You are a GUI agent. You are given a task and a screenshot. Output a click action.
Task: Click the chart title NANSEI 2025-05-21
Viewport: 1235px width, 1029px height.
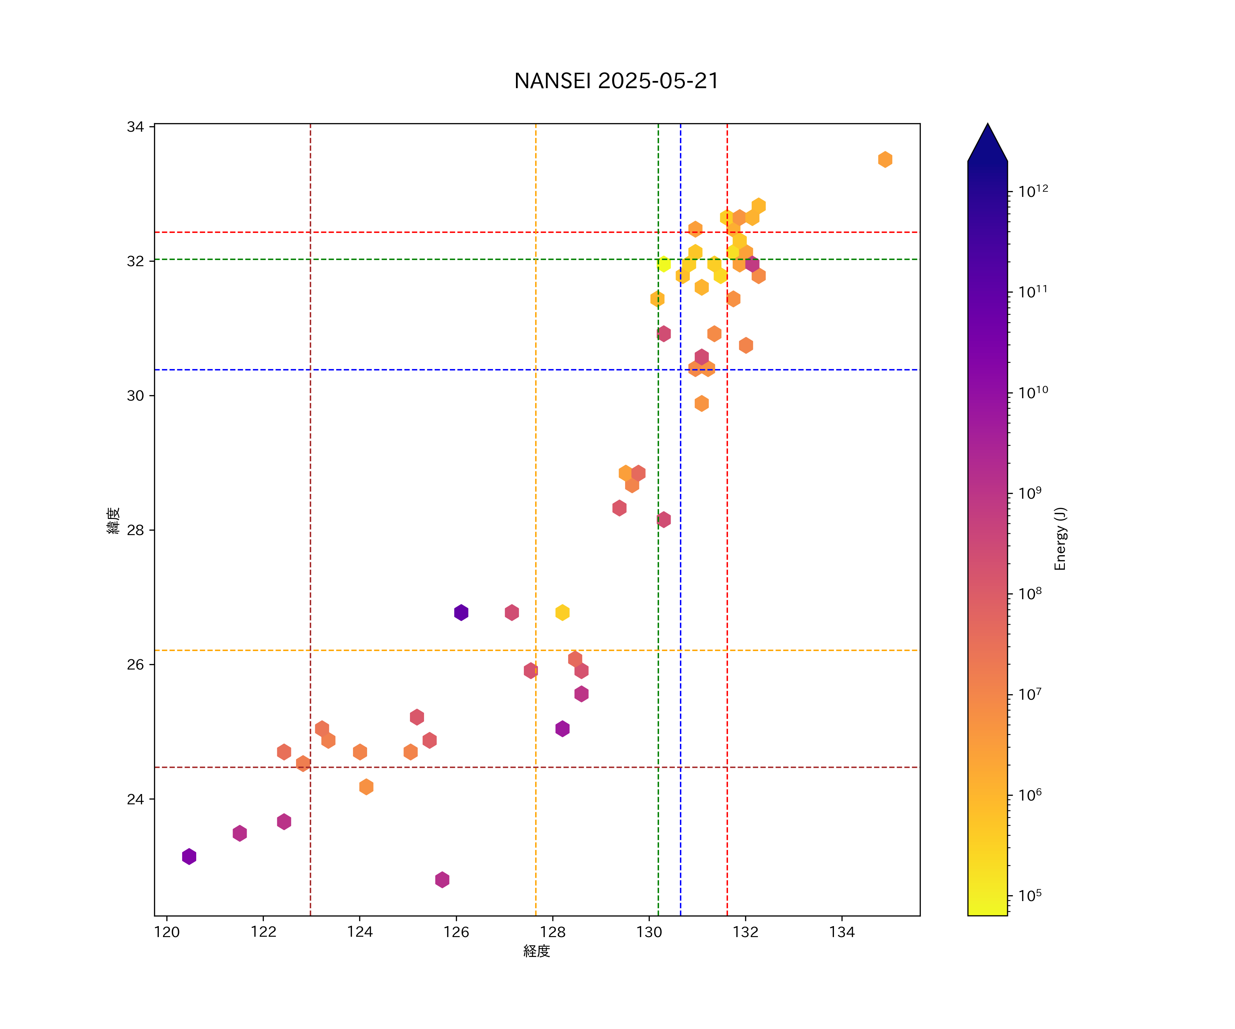click(616, 81)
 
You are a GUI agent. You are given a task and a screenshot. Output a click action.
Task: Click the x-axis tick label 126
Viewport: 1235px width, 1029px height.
click(456, 932)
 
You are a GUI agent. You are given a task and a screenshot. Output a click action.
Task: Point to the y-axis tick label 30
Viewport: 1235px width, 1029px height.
click(135, 396)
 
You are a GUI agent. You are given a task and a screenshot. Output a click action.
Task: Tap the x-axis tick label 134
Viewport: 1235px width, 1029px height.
click(842, 932)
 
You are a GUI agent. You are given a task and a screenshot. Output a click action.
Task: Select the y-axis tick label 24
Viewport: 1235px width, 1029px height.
click(135, 799)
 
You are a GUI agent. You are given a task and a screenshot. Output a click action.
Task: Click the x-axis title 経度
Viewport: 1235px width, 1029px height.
click(536, 951)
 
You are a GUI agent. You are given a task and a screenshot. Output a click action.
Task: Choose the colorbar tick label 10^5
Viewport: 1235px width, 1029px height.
click(1030, 896)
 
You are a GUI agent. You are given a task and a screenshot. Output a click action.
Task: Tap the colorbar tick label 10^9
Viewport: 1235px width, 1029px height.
click(1030, 493)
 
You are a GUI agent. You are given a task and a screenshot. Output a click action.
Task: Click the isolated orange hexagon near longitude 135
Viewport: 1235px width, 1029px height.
click(885, 159)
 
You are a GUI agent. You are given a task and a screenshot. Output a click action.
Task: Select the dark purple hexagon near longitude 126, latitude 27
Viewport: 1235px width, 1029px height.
click(461, 613)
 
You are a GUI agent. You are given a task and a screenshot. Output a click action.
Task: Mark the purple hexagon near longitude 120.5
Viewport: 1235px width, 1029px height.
click(189, 857)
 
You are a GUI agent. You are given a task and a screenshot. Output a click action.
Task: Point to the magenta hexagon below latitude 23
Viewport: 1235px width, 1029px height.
click(442, 880)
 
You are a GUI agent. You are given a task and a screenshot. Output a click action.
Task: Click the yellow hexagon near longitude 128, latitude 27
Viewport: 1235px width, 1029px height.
click(562, 613)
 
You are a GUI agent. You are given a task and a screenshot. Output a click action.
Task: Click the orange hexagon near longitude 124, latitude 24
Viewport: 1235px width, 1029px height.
click(366, 787)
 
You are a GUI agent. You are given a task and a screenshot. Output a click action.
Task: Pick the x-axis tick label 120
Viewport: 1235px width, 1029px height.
click(167, 932)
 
